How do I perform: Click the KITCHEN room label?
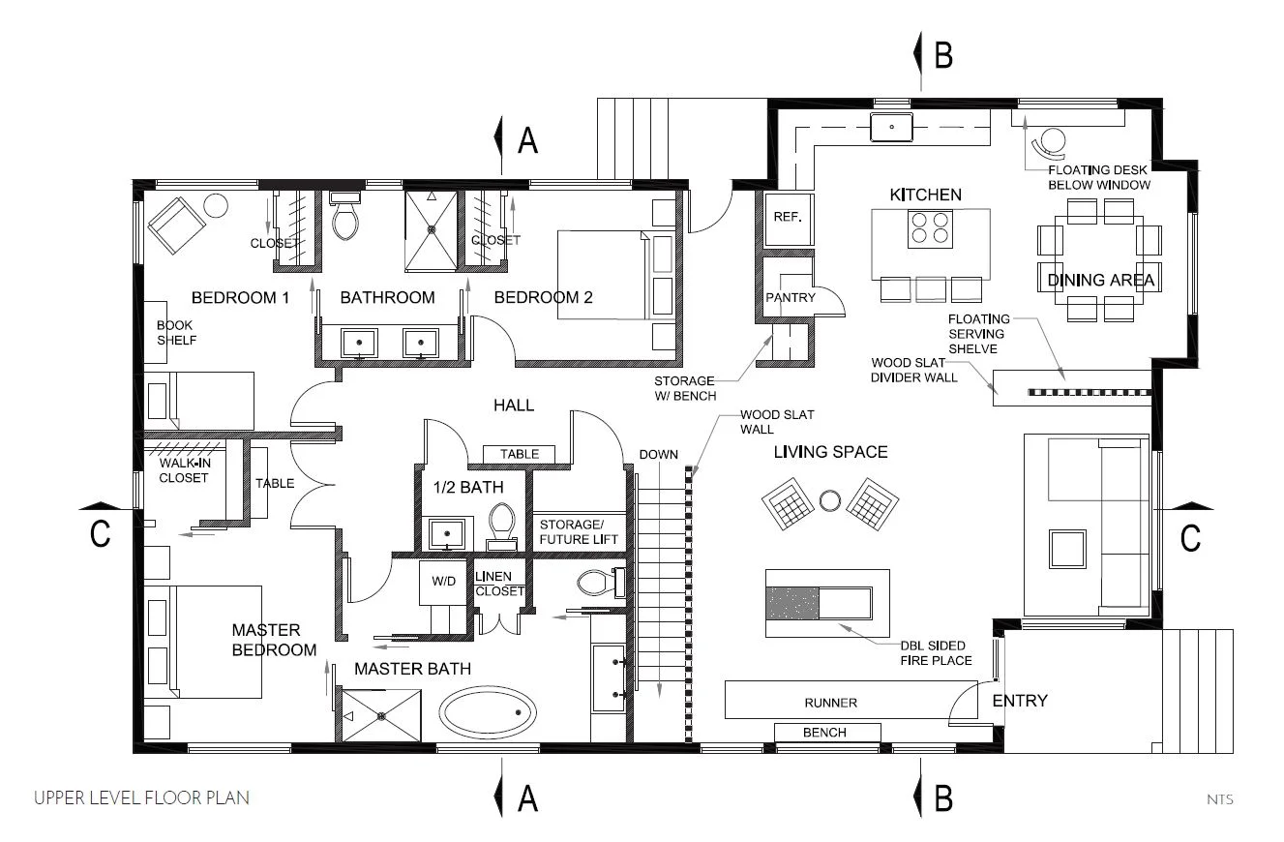click(925, 195)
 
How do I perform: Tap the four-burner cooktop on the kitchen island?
click(930, 228)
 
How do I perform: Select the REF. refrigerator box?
click(788, 217)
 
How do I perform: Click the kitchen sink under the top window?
click(891, 127)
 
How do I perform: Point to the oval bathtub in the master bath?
click(488, 712)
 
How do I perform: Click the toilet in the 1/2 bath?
click(502, 525)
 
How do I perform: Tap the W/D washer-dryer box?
click(443, 582)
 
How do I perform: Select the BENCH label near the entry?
click(824, 733)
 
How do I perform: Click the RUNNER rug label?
click(830, 703)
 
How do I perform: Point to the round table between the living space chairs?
click(830, 500)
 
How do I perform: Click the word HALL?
click(514, 406)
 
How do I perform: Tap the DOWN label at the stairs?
click(659, 455)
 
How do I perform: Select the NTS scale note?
click(1220, 799)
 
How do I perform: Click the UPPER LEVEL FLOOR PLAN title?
click(141, 797)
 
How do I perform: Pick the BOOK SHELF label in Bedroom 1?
click(176, 332)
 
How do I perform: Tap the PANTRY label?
click(791, 297)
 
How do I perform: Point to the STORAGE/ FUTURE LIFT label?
click(579, 532)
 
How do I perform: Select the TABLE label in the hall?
click(520, 454)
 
